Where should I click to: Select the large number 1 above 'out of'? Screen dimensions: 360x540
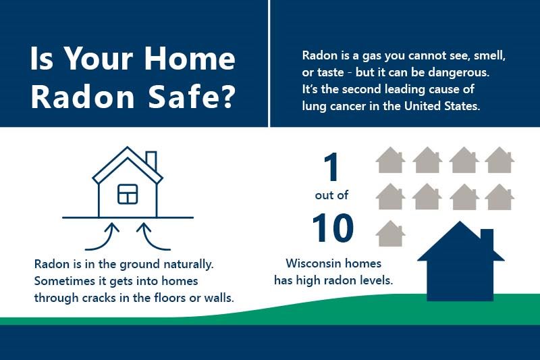(331, 167)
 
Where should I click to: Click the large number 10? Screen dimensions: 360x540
(333, 228)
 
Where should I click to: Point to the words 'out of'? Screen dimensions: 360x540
(332, 197)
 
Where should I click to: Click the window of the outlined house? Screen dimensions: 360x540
(128, 194)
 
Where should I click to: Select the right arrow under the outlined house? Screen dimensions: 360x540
(144, 236)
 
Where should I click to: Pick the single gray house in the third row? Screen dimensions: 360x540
(390, 234)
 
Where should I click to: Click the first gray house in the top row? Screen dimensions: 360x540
(390, 160)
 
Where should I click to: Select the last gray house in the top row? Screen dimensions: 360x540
(500, 160)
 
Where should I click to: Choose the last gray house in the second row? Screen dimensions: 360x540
(500, 197)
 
